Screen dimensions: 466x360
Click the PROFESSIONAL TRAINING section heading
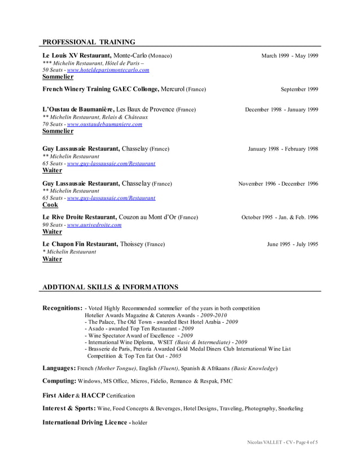[x=89, y=42]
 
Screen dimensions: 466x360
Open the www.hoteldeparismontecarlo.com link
[x=108, y=70]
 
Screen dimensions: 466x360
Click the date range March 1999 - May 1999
[x=289, y=56]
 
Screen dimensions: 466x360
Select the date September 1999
[x=299, y=89]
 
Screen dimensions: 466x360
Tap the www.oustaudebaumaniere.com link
[x=104, y=124]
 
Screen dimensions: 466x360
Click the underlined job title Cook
[x=50, y=205]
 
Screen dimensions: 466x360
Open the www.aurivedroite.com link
[x=94, y=225]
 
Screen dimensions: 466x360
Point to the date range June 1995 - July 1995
[x=292, y=244]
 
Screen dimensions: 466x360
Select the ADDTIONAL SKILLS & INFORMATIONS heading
[x=110, y=287]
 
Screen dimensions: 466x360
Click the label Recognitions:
[x=63, y=309]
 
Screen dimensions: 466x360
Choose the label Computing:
[x=59, y=381]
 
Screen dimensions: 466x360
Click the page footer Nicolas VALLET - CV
[x=269, y=442]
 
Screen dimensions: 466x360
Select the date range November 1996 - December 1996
[x=278, y=184]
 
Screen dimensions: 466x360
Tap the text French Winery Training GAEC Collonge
[x=100, y=89]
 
